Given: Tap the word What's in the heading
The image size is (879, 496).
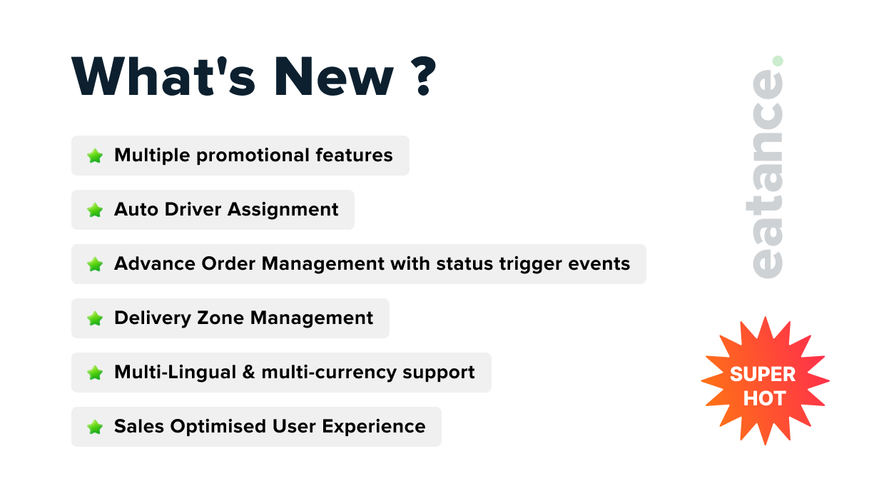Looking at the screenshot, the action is (163, 76).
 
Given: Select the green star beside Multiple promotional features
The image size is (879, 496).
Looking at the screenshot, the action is (95, 156).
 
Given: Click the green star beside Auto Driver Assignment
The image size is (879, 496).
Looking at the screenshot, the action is (95, 210).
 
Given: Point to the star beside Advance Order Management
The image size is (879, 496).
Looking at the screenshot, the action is (95, 264).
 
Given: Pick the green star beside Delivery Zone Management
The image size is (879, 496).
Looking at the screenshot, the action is (95, 318).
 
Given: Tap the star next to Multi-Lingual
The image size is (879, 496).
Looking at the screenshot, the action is (95, 373).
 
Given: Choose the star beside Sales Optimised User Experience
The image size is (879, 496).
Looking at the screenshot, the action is (95, 427).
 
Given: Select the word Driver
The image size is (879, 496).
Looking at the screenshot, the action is (193, 209).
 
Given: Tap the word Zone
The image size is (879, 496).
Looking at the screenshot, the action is (220, 318).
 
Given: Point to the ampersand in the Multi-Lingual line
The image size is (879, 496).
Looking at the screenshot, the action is (249, 372).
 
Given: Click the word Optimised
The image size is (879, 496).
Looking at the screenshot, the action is (218, 427).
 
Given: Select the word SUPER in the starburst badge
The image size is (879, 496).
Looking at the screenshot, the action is (763, 374).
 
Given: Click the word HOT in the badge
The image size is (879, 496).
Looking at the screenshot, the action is (764, 399).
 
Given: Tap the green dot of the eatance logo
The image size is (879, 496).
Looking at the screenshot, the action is (778, 61).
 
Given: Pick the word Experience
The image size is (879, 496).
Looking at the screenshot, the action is (374, 427).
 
